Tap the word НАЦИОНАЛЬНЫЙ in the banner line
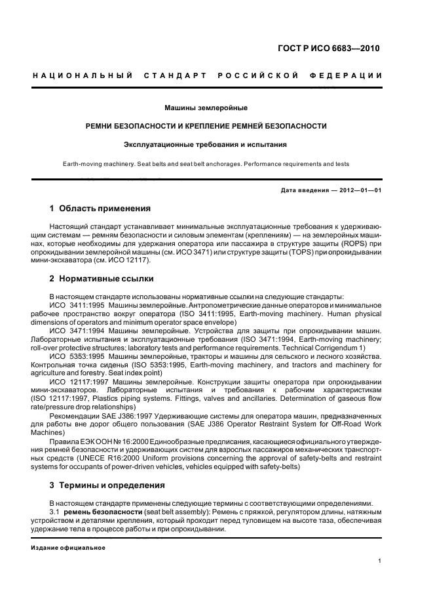[83, 75]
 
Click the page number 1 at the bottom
[381, 560]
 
